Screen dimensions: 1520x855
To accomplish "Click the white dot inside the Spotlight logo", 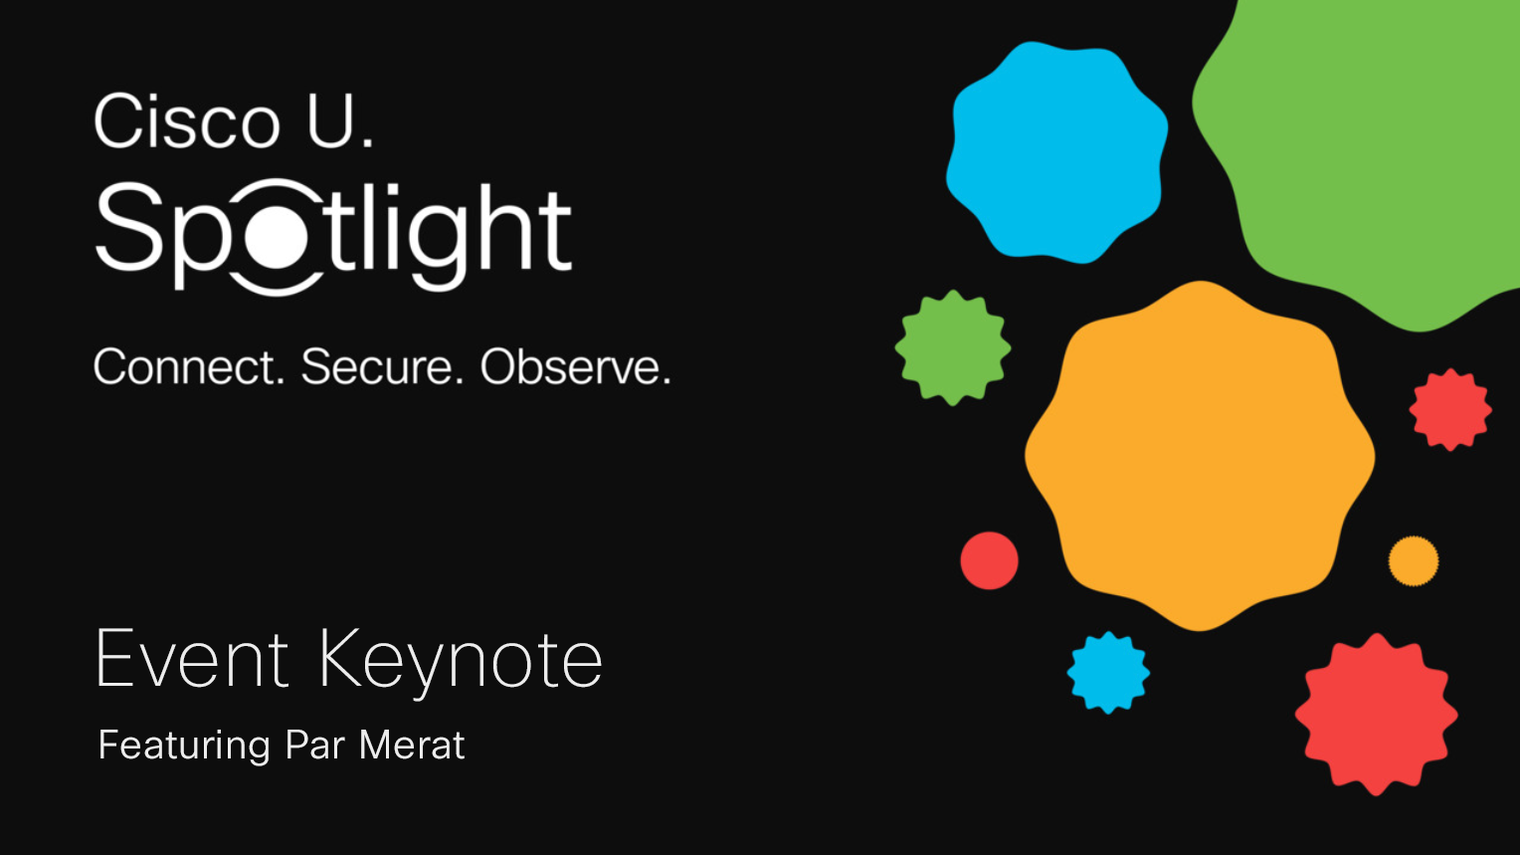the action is point(277,236).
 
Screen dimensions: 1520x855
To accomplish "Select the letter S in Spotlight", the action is point(129,227).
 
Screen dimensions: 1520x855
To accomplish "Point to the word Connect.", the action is point(189,366).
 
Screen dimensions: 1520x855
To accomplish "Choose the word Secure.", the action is point(382,366).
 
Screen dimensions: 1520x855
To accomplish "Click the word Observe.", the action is point(575,366).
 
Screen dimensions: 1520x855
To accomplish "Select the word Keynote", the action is point(461,663).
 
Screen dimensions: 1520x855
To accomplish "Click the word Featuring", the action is point(185,747).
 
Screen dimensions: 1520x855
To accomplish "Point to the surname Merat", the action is point(412,745).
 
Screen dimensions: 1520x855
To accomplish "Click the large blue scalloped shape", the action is point(1057,152).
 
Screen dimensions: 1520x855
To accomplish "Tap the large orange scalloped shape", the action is point(1200,456).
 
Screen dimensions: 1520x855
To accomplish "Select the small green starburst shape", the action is point(953,347).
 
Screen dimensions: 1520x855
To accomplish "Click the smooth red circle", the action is point(990,560).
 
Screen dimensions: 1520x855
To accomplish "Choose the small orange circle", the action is point(1414,561).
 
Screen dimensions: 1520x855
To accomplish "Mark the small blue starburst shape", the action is point(1108,672).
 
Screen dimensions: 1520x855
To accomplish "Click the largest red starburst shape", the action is point(1376,715).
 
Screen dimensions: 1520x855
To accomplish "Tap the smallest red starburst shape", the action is point(1450,409).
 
